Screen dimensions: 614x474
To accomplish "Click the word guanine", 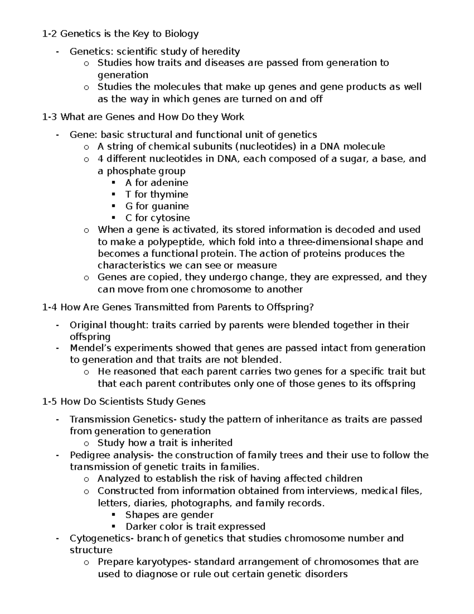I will coord(170,206).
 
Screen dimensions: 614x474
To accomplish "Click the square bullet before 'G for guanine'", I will coord(114,206).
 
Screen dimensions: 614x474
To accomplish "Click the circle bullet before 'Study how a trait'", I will coord(87,443).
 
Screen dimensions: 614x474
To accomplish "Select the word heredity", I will coord(220,51).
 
